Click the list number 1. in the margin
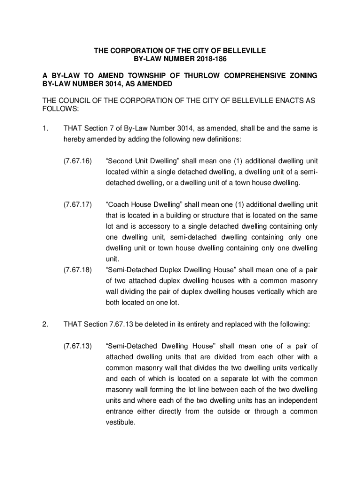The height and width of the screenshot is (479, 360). tap(45, 128)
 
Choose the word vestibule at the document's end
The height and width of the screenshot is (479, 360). tap(121, 422)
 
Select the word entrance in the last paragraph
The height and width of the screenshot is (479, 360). tap(120, 411)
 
